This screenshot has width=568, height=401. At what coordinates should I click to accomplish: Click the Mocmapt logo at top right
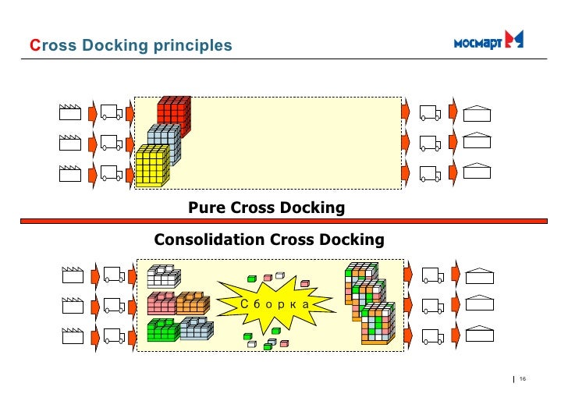pos(488,41)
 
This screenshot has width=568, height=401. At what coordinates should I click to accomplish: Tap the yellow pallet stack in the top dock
pos(151,166)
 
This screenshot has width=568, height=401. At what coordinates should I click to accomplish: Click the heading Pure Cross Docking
pos(266,208)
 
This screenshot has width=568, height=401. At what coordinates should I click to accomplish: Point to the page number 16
pos(523,379)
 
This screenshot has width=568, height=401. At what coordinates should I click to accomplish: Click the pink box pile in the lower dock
pos(162,302)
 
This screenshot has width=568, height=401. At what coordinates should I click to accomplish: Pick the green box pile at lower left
pos(162,329)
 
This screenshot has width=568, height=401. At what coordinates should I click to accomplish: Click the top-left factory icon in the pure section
pos(70,112)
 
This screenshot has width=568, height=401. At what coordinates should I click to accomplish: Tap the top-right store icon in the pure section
pos(477,113)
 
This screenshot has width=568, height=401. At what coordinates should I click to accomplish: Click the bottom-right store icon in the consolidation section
pos(478,335)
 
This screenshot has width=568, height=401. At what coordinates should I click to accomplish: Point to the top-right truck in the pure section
pos(430,113)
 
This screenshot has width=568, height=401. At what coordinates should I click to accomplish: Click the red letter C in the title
pos(34,46)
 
